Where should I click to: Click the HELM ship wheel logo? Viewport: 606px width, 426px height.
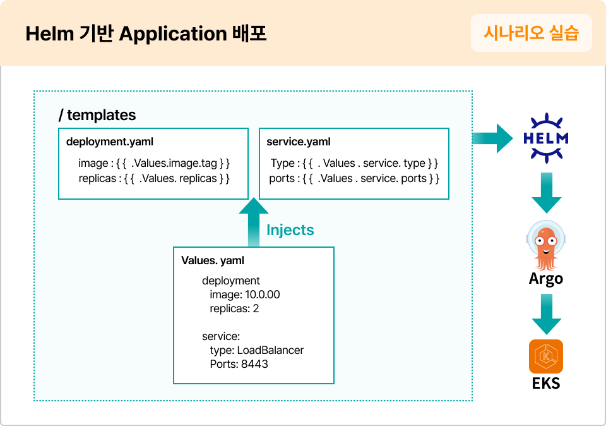click(546, 138)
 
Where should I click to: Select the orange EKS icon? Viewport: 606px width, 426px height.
click(546, 356)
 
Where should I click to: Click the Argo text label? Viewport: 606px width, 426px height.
click(546, 278)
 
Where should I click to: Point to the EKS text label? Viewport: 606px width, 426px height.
click(546, 383)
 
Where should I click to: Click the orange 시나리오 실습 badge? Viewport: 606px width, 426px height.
click(531, 33)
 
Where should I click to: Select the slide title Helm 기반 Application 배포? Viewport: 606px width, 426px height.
click(146, 34)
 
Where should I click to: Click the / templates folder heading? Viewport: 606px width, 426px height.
click(97, 115)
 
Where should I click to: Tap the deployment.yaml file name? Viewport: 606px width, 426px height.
click(110, 142)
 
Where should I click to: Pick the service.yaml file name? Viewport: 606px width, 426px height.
click(299, 142)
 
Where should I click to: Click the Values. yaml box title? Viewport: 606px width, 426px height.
click(213, 260)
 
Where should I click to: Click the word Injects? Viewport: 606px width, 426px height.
click(290, 230)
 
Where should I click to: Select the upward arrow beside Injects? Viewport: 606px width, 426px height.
click(254, 222)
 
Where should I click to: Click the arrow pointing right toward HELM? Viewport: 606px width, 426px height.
click(493, 138)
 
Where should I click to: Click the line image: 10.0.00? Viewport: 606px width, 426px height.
click(245, 295)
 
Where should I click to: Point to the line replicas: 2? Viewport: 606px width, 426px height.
click(234, 309)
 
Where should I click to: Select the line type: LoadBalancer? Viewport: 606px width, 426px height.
click(257, 350)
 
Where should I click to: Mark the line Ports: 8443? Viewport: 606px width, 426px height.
click(239, 364)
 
